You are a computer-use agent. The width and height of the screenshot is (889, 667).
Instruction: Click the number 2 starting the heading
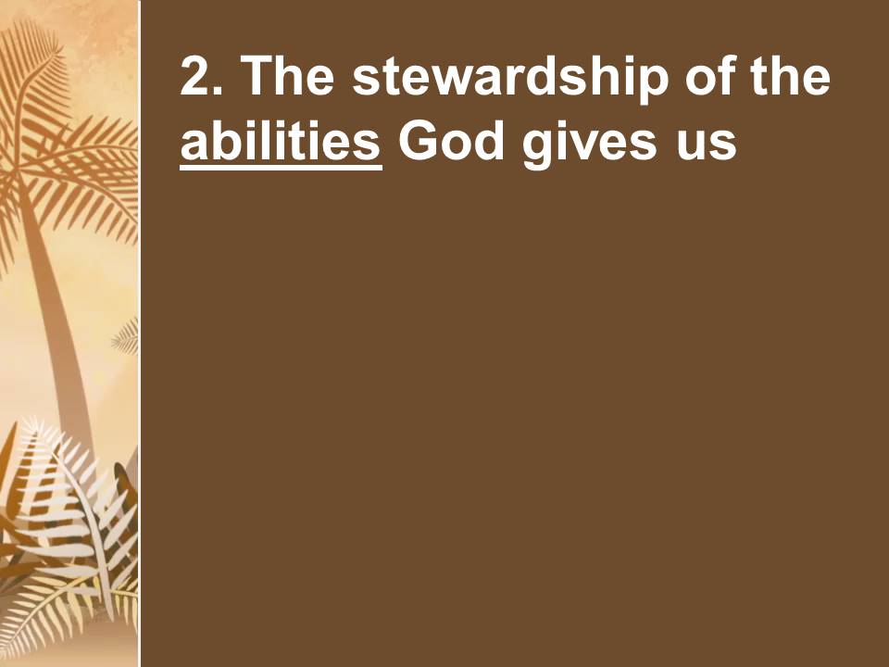pyautogui.click(x=194, y=75)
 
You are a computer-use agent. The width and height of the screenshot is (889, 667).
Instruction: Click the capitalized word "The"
pyautogui.click(x=287, y=75)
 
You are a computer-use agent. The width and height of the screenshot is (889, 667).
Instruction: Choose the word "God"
pyautogui.click(x=451, y=140)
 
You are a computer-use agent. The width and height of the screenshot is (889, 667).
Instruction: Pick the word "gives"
pyautogui.click(x=589, y=145)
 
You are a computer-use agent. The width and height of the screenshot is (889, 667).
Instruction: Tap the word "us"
pyautogui.click(x=707, y=145)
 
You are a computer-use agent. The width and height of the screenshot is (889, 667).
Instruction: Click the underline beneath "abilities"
pyautogui.click(x=281, y=168)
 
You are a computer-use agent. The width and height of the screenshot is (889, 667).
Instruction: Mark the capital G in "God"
pyautogui.click(x=418, y=140)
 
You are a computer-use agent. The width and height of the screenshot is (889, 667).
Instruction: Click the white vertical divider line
pyautogui.click(x=140, y=333)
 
